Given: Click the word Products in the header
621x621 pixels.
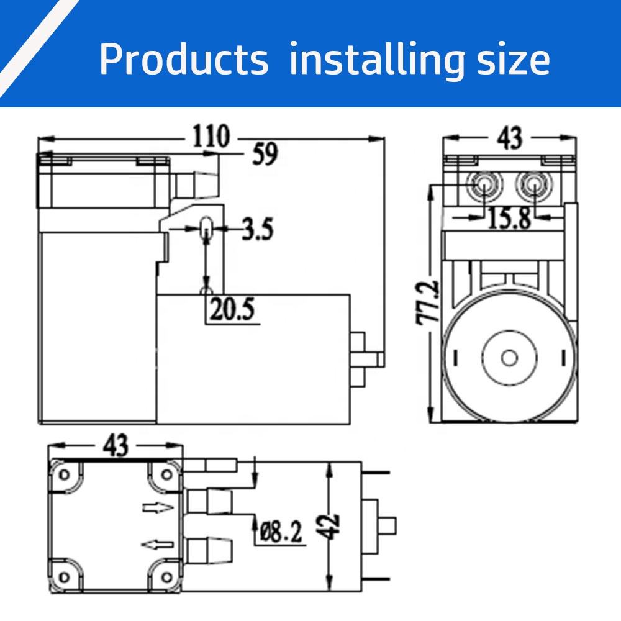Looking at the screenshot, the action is tap(184, 59).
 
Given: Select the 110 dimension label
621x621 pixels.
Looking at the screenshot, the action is tap(211, 136).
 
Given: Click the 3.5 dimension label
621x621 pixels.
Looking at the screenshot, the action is tap(258, 229).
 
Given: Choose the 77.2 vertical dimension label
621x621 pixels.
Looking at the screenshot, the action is tap(428, 302).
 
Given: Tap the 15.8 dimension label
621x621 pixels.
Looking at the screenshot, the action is tap(509, 218).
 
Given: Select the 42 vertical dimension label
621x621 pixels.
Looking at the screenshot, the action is tap(329, 527).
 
